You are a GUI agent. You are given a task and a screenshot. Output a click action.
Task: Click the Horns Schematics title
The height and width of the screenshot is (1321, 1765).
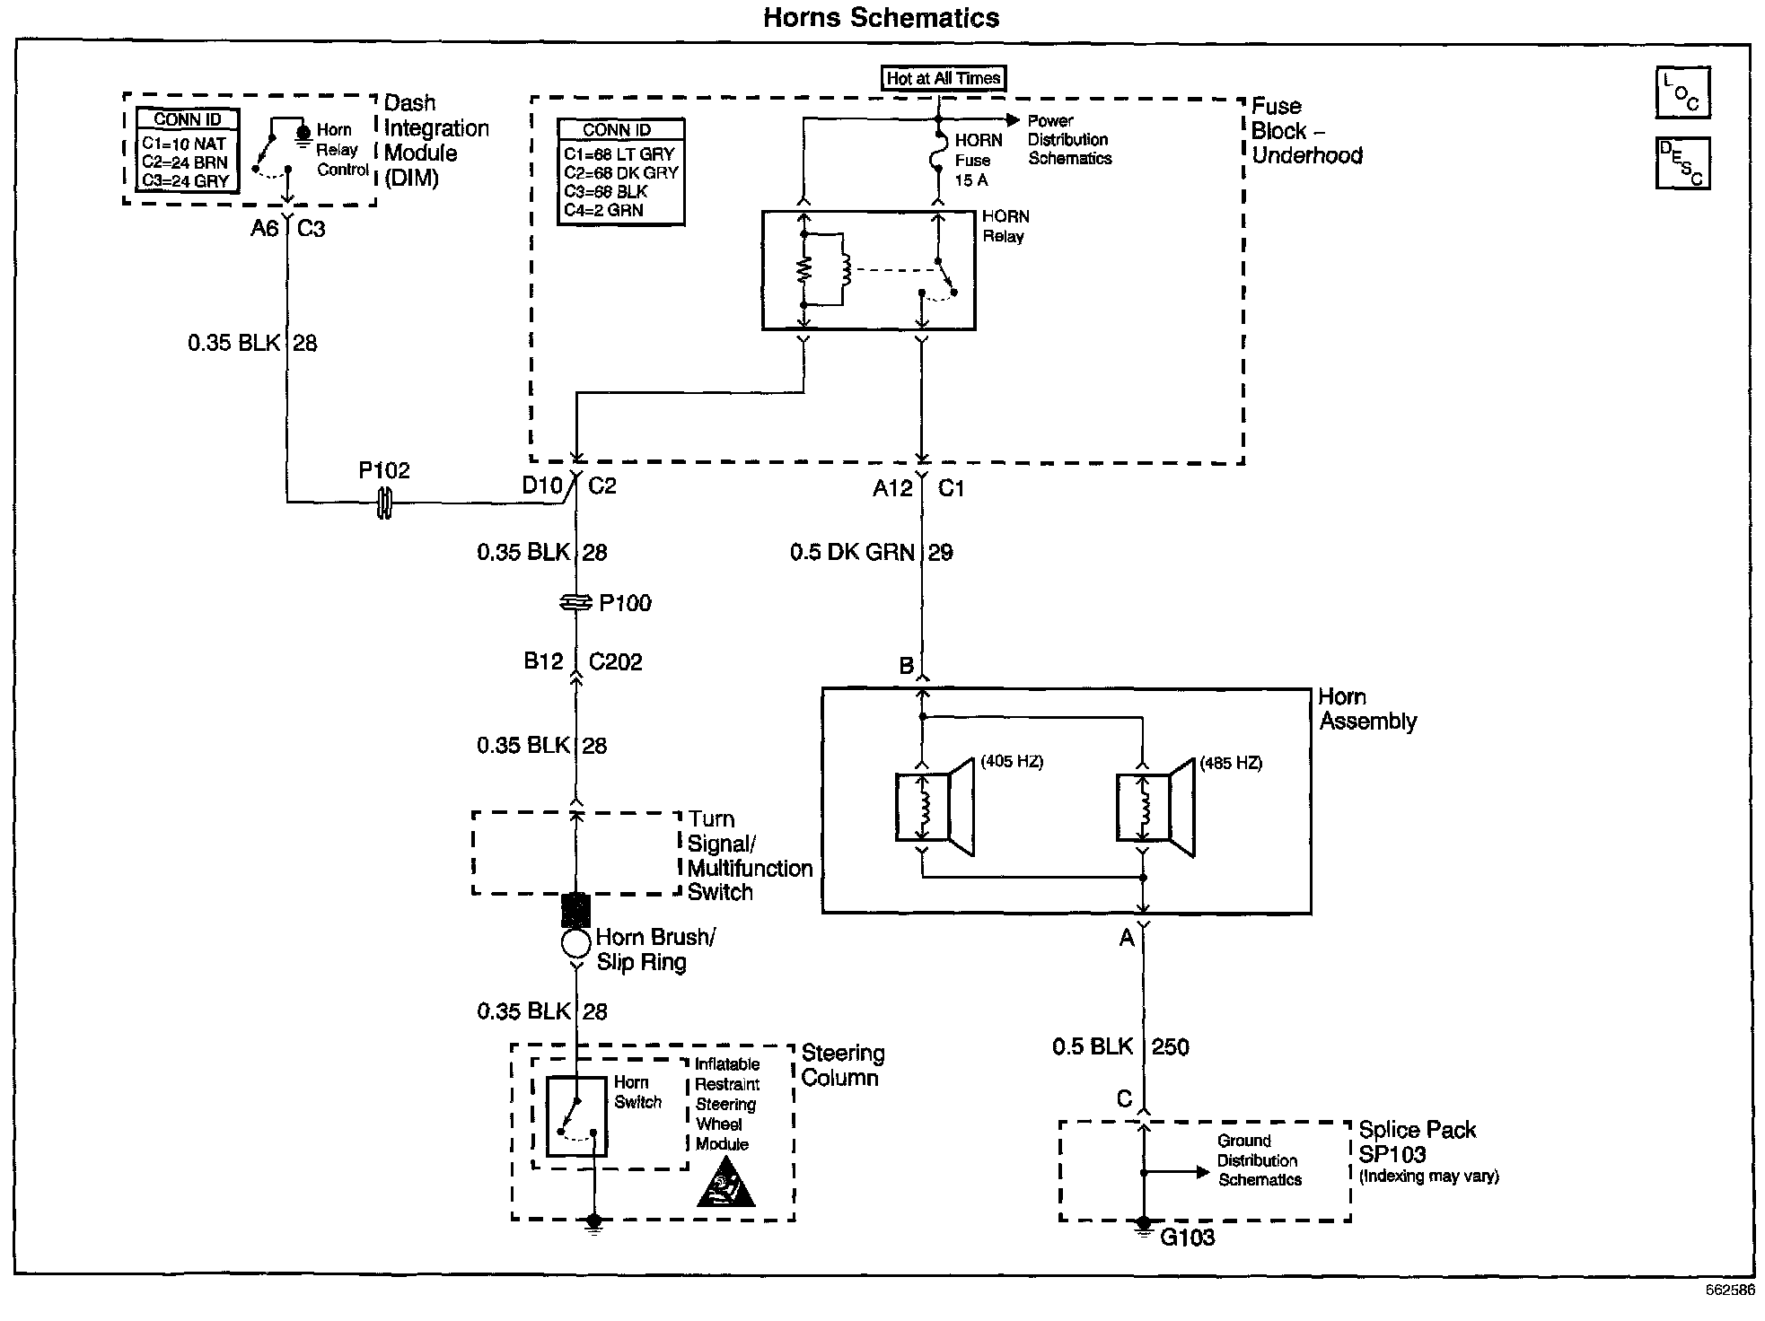881,18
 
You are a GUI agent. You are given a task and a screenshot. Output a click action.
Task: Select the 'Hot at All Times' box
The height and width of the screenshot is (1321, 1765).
943,78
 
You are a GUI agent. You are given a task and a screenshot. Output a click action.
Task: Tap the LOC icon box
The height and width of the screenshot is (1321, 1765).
1682,92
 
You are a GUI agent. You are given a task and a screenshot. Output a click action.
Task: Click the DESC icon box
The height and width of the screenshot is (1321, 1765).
1682,163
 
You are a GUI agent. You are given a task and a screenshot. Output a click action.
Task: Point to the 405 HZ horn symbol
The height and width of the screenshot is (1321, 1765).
935,807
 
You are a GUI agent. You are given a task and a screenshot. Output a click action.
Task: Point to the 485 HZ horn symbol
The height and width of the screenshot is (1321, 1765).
1155,807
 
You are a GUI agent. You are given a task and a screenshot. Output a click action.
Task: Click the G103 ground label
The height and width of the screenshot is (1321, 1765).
1187,1238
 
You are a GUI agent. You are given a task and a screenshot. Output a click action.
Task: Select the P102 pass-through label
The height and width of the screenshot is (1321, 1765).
384,470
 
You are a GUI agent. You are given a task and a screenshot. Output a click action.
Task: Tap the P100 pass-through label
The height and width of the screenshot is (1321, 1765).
625,603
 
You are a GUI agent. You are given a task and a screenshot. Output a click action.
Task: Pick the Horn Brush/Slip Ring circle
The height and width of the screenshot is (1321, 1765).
575,943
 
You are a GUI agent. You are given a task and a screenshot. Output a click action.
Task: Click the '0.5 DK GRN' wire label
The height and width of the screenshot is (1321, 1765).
852,553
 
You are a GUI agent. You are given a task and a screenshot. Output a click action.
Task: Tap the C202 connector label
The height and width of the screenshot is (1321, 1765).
616,662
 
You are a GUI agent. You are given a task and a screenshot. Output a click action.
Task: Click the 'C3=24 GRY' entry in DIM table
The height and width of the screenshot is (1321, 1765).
185,180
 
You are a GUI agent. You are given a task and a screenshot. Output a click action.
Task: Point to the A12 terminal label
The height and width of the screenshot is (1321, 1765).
892,488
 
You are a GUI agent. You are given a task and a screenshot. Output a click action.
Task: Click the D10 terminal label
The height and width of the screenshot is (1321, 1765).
542,486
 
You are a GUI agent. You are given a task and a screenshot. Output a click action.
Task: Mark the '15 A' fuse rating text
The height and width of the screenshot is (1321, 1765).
970,180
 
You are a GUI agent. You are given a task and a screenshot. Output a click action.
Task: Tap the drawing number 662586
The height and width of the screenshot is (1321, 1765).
1730,1290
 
